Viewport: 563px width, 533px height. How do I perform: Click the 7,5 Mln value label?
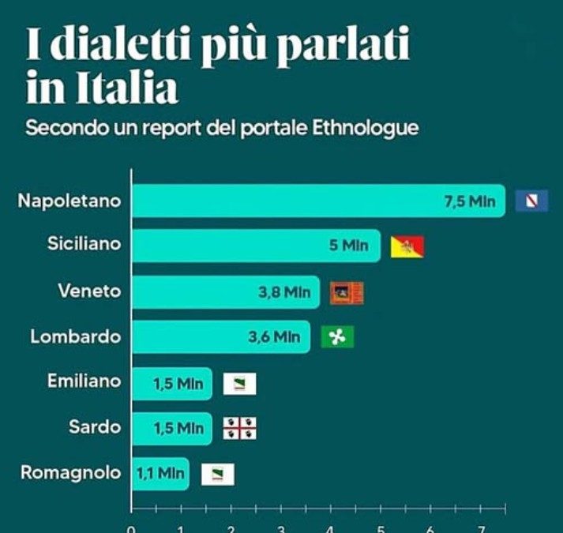click(470, 201)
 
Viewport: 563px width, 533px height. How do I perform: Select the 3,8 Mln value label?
click(284, 292)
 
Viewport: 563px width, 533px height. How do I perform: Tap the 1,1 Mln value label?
click(160, 474)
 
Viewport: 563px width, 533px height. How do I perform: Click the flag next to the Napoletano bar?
click(531, 201)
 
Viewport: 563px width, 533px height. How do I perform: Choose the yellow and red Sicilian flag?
click(407, 246)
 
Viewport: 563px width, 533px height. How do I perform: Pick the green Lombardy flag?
click(338, 337)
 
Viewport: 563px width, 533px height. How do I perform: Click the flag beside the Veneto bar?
click(347, 292)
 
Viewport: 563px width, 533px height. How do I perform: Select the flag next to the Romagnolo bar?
click(217, 474)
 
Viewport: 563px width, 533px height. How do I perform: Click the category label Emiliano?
click(84, 381)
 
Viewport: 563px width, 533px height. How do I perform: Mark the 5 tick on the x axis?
click(381, 528)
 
